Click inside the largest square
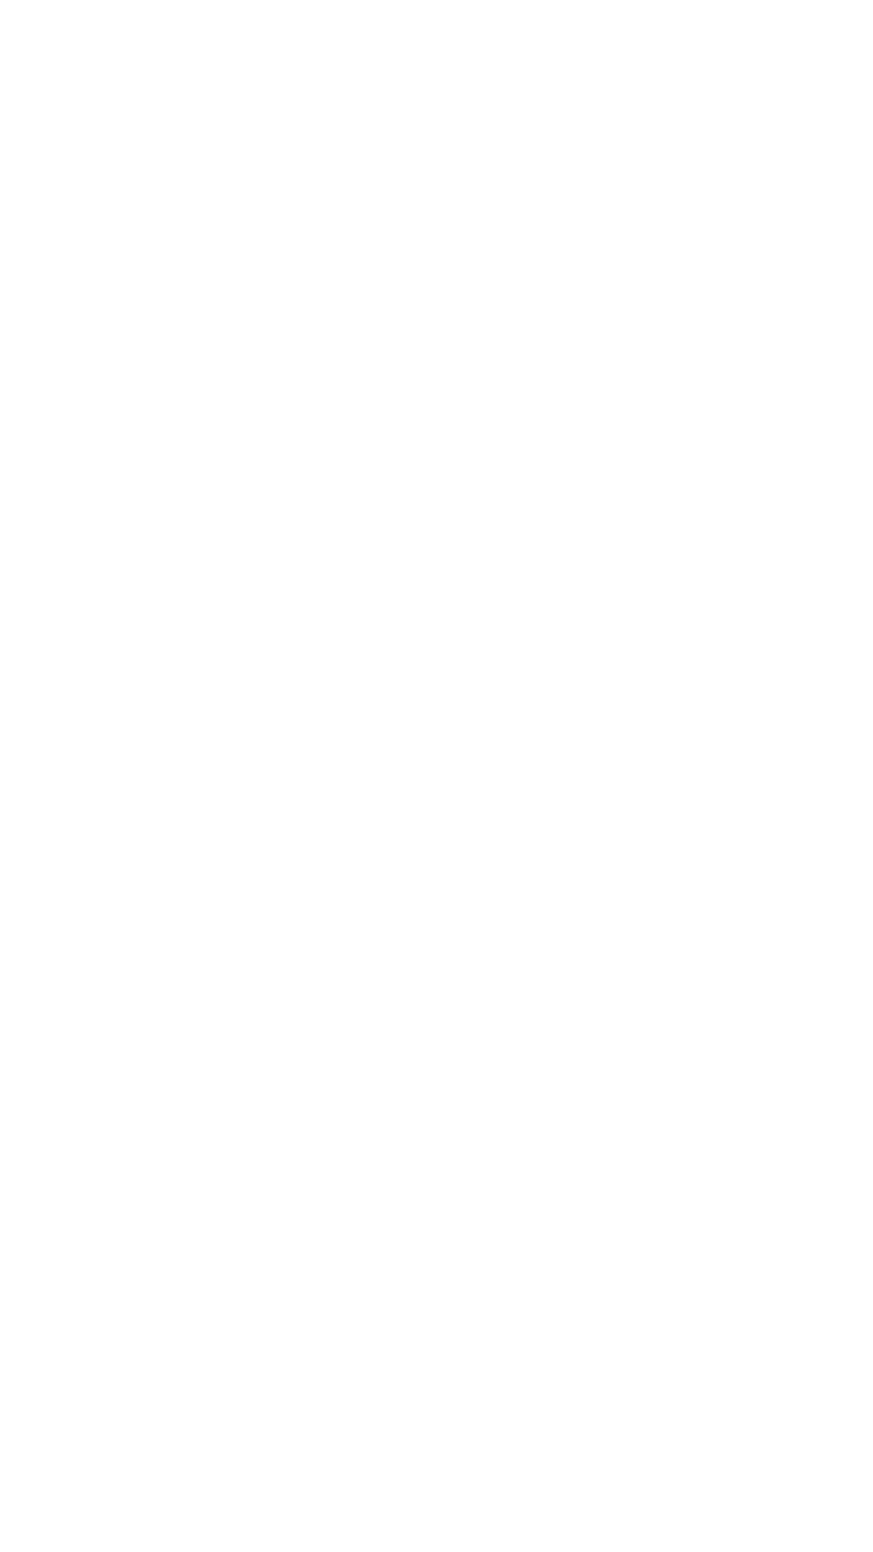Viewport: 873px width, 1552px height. [487, 547]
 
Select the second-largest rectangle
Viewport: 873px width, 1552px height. [392, 178]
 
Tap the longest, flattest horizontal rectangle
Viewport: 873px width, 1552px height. [496, 891]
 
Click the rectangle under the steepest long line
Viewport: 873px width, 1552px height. [642, 1144]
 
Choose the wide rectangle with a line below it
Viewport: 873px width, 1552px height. [245, 1228]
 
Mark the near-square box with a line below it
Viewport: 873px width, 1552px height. [517, 1337]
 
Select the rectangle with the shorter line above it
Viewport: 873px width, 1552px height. [742, 1246]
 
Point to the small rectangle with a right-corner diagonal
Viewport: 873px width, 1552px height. [398, 1138]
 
